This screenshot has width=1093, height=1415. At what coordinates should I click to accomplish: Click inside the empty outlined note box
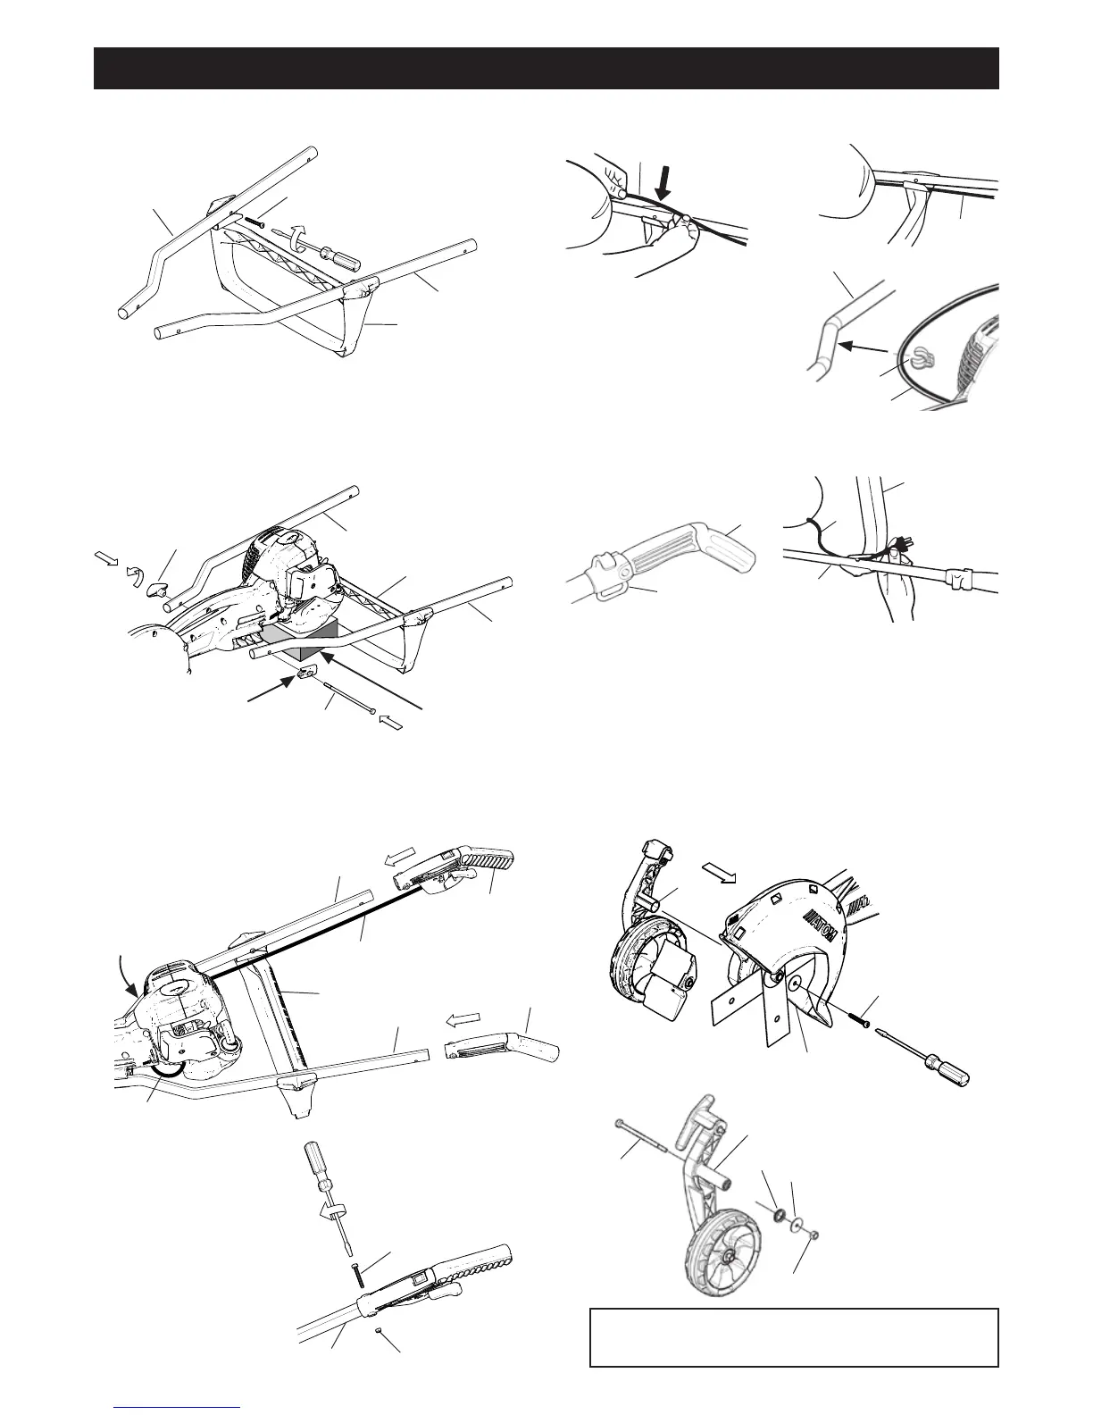(x=793, y=1336)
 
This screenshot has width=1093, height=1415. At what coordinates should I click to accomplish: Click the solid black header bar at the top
(x=546, y=69)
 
